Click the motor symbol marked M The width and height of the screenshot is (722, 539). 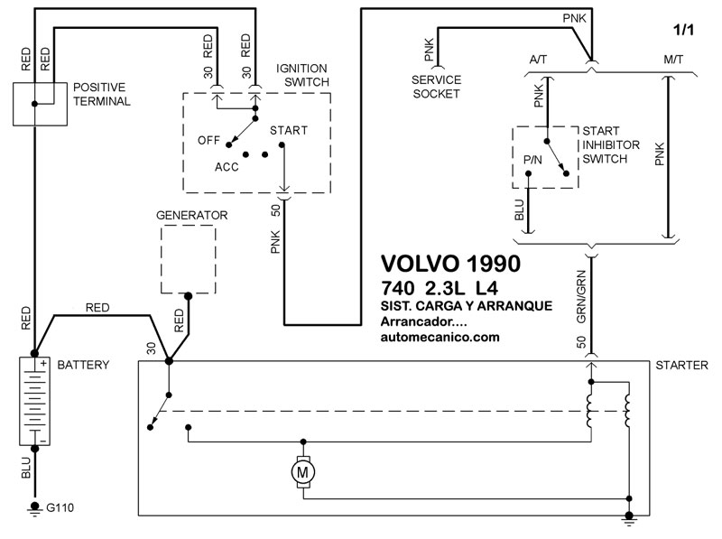302,472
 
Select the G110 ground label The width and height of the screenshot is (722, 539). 60,507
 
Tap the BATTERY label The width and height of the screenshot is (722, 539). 83,365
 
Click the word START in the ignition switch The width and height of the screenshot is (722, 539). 289,130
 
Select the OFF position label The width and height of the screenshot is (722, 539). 208,140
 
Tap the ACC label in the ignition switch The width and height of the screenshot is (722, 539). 227,167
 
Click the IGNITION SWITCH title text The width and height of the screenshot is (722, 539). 302,75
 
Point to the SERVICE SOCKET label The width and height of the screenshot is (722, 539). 436,87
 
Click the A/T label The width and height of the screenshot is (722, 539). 538,60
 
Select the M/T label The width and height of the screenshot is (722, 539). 673,60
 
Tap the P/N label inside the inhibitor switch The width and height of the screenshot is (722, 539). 532,160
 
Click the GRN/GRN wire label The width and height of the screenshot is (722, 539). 581,297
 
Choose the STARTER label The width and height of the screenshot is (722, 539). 682,366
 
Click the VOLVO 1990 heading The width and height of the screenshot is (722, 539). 450,264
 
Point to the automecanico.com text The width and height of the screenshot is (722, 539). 440,338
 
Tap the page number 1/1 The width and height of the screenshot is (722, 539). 683,30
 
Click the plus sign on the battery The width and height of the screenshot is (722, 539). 43,364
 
